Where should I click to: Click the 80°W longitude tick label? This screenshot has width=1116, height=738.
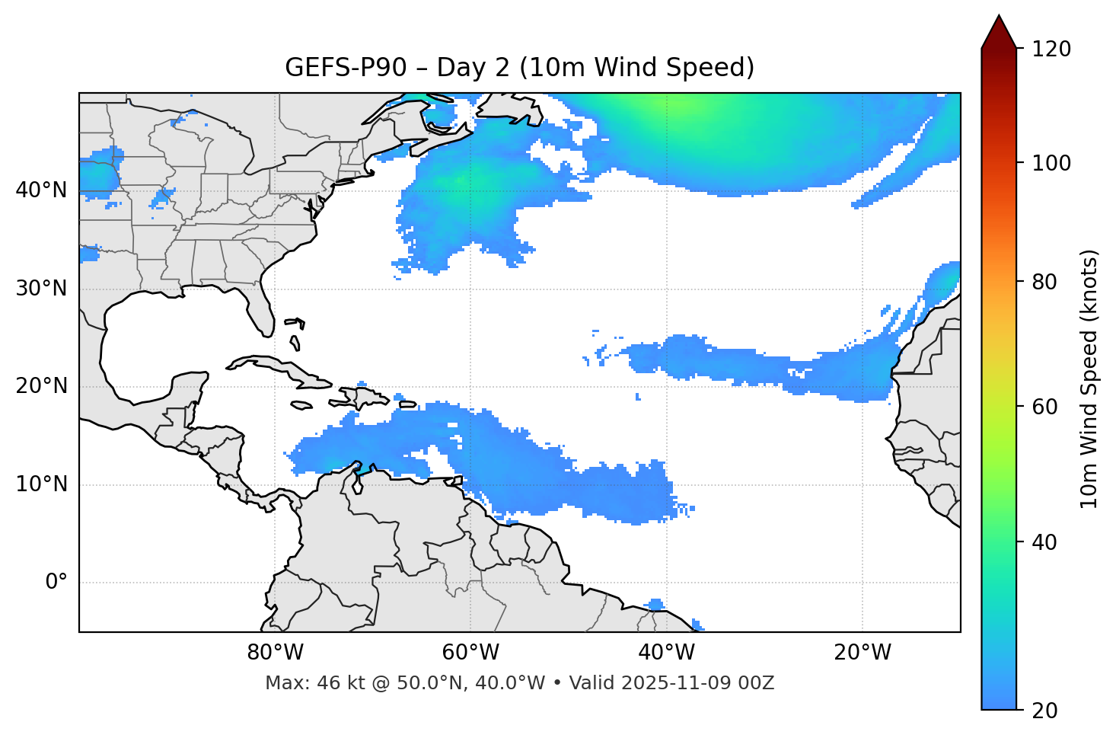[275, 653]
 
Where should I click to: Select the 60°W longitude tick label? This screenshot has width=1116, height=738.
[470, 653]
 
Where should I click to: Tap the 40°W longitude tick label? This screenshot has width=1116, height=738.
[666, 653]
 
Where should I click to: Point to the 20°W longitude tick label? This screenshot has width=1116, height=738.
[862, 653]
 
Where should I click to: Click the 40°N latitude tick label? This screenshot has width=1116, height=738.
[41, 190]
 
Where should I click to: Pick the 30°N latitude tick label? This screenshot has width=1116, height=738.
[41, 289]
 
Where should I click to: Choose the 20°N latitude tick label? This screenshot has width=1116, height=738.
[41, 386]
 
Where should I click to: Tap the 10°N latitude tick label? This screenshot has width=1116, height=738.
[41, 484]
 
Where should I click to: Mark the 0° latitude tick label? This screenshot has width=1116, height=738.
[56, 583]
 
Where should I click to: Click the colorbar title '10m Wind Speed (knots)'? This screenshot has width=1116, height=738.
[1089, 379]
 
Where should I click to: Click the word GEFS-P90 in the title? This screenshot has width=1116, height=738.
[330, 68]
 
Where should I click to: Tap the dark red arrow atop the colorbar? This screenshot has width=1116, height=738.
[999, 33]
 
